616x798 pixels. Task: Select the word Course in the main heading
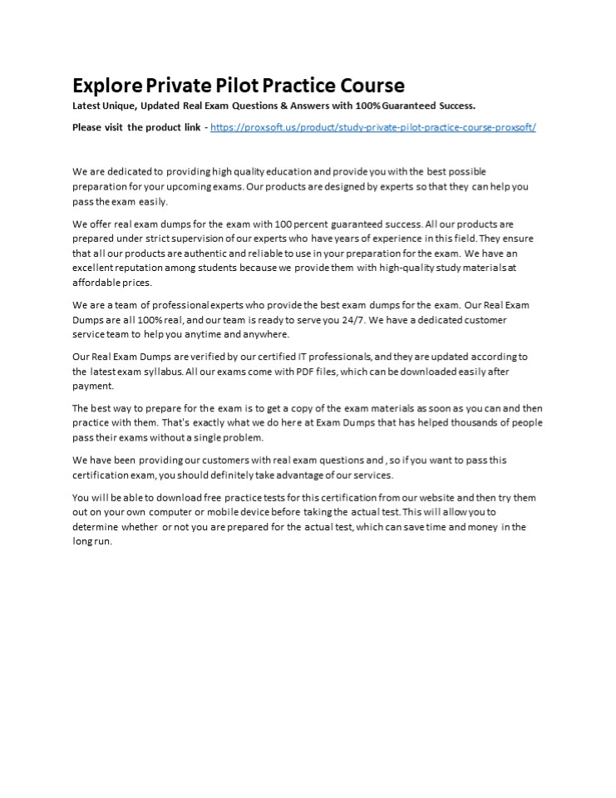[372, 86]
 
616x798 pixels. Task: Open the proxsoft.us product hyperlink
[373, 127]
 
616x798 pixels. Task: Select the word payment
[93, 386]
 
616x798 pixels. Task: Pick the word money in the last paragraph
[477, 527]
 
